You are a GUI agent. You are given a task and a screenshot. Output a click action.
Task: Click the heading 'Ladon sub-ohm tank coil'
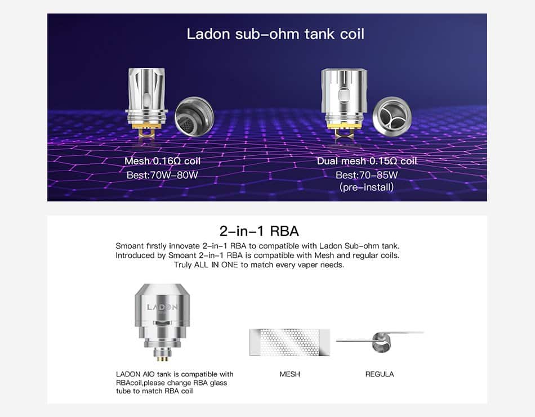(x=275, y=34)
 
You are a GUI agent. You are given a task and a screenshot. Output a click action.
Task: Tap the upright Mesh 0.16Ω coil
(x=147, y=102)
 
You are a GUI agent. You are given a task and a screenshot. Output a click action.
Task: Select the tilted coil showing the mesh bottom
(x=194, y=115)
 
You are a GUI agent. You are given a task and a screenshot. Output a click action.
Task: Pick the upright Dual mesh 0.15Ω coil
(x=344, y=102)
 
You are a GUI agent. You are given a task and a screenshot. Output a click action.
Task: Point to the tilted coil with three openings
(x=392, y=115)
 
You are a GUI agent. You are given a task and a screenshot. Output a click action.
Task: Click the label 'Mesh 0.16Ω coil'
(x=162, y=161)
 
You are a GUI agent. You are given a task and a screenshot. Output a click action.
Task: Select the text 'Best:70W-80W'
(x=162, y=175)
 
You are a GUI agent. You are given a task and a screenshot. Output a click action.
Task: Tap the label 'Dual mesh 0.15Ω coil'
(x=367, y=161)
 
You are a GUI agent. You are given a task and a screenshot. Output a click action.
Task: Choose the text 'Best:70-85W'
(x=367, y=175)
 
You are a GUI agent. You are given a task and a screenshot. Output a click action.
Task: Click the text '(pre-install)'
(x=367, y=187)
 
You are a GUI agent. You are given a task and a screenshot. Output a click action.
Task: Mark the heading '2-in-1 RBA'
(x=259, y=231)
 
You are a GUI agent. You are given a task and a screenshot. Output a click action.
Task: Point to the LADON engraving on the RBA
(x=162, y=307)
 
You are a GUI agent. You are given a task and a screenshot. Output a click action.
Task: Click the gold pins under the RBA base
(x=162, y=358)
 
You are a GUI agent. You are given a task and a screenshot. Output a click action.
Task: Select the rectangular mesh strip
(x=289, y=342)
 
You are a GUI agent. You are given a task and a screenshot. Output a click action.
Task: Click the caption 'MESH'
(x=289, y=374)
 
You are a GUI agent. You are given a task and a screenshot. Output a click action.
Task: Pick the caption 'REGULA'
(x=380, y=374)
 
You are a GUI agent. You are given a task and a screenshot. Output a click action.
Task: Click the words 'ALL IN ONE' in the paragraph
(x=216, y=265)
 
